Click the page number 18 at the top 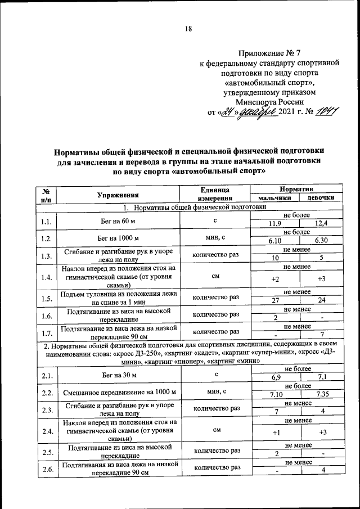pyautogui.click(x=188, y=30)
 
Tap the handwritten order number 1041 pyautogui.click(x=326, y=114)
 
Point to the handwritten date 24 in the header pyautogui.click(x=228, y=114)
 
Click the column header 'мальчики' pyautogui.click(x=274, y=199)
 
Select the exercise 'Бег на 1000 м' pyautogui.click(x=118, y=237)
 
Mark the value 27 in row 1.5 pyautogui.click(x=275, y=300)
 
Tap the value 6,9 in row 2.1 pyautogui.click(x=275, y=377)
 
